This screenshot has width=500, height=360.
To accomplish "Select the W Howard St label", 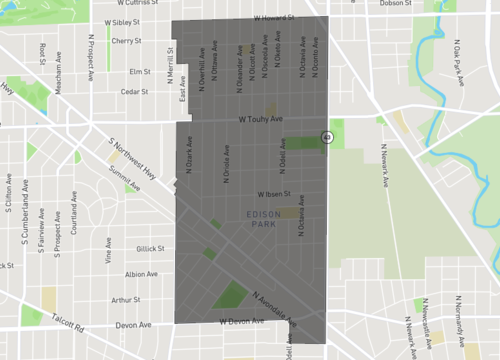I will pos(272,18).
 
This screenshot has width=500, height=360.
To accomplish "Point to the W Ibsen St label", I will pos(273,194).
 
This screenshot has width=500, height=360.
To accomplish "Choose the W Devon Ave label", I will pos(240,322).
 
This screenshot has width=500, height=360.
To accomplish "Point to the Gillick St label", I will pos(149,248).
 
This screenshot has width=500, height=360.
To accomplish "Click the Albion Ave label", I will pos(141,274).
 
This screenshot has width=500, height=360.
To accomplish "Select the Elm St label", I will pos(139,71).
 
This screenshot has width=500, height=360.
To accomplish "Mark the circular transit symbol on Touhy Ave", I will pos(326,136).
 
